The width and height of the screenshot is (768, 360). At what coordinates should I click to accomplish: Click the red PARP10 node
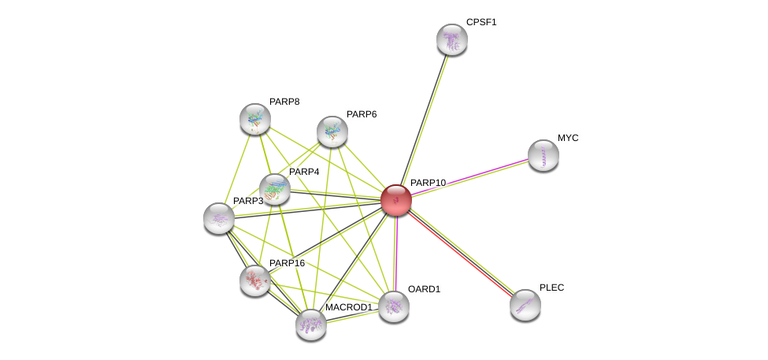click(396, 200)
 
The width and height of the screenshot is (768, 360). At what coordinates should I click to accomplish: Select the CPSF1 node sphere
click(452, 39)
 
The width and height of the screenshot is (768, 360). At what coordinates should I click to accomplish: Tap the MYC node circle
click(544, 155)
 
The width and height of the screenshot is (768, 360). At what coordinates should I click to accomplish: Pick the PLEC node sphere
click(525, 305)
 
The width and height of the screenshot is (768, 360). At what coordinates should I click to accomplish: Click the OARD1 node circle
click(394, 306)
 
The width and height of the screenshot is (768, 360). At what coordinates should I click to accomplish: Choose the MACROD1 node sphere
click(311, 324)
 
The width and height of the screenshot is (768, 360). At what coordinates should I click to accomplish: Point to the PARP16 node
click(255, 280)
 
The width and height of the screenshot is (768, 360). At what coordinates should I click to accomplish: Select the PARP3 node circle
click(219, 218)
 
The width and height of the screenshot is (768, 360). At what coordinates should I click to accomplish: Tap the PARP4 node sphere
click(275, 189)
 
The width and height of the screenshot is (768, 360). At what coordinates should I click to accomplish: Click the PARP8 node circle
click(255, 119)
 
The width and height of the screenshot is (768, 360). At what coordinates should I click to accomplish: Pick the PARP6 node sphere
click(332, 132)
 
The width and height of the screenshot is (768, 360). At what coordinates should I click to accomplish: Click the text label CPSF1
click(481, 22)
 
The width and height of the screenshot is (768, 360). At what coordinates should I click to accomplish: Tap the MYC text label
click(568, 138)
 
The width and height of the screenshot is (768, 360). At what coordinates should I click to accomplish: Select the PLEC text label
click(551, 288)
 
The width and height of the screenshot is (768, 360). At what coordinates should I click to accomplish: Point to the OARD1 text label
click(424, 289)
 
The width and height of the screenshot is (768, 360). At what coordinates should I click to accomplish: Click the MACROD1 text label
click(348, 307)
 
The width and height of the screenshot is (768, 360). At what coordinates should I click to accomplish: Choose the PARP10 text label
click(428, 183)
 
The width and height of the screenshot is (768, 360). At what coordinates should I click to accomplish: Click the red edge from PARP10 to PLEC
click(461, 252)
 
